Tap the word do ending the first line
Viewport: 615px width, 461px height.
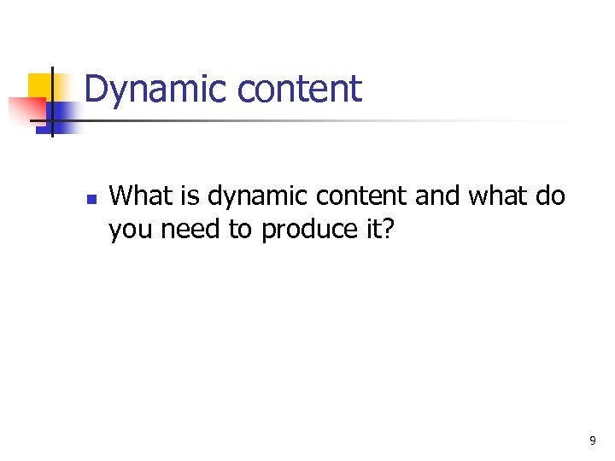pyautogui.click(x=551, y=195)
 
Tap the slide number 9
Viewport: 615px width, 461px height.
pyautogui.click(x=593, y=441)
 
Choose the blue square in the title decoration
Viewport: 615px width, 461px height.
pyautogui.click(x=65, y=115)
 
